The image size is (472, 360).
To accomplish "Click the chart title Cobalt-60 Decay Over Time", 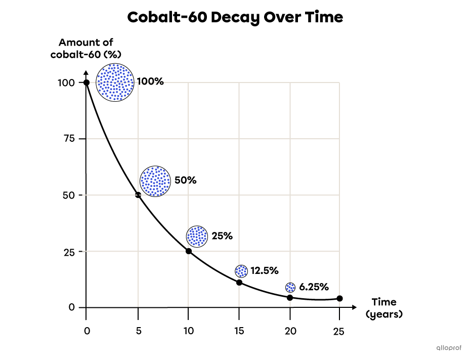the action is [x=235, y=17].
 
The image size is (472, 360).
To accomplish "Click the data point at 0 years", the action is [x=87, y=83].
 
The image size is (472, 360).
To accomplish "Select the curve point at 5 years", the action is [x=138, y=195].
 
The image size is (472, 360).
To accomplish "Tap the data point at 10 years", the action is [x=189, y=251].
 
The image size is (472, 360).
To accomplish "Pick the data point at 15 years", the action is [x=239, y=283].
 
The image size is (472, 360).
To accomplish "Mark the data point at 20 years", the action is [x=290, y=298].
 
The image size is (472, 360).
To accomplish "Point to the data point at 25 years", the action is [x=339, y=299].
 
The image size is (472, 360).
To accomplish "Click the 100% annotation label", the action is [x=150, y=82].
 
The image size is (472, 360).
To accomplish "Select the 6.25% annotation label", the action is [x=314, y=287].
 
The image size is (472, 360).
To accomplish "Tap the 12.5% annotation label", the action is [x=264, y=270].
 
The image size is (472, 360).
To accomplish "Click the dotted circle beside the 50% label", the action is [x=155, y=181].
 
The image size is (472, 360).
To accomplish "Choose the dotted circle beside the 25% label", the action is [x=197, y=236].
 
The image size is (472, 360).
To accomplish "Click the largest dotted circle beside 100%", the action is [x=115, y=82].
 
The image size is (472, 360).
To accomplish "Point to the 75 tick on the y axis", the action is [x=69, y=139].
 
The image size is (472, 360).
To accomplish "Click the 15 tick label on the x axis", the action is [x=239, y=331].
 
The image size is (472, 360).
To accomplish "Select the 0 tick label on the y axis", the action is [x=72, y=307].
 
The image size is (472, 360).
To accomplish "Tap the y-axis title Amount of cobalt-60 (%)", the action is [x=86, y=48].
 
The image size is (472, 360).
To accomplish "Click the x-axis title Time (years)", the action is [x=384, y=308].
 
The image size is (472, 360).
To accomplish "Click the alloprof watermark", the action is [x=449, y=348].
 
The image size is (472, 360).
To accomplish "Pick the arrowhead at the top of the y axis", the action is [x=86, y=72].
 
